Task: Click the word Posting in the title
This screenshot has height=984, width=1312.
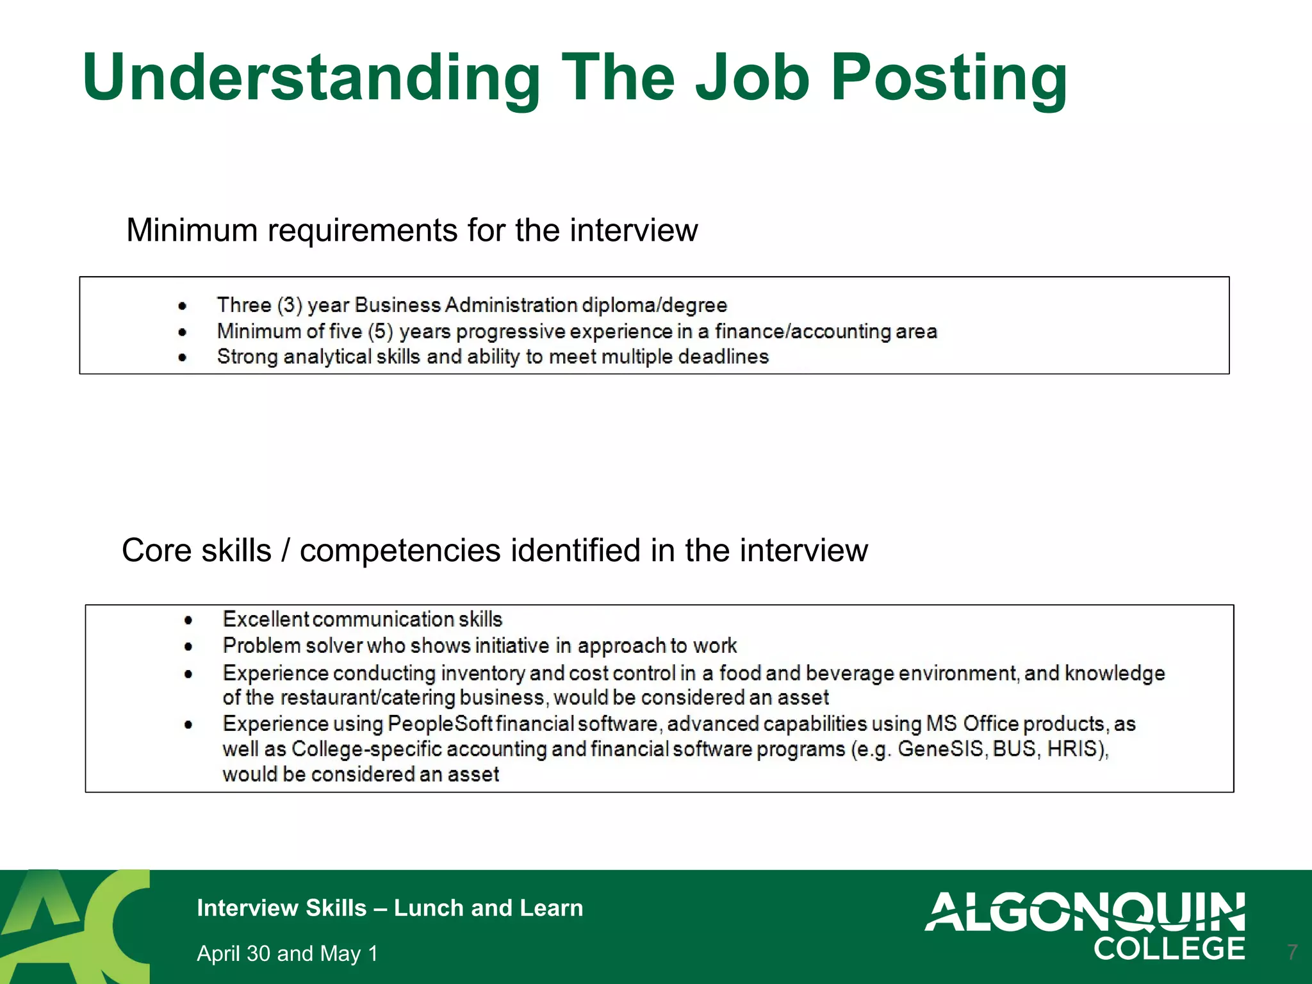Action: coord(948,78)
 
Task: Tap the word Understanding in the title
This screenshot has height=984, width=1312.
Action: coord(311,78)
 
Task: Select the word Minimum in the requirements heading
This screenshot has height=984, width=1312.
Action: coord(192,230)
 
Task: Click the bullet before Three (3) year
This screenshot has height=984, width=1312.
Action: coord(183,306)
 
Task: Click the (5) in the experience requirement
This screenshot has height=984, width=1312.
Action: coord(380,331)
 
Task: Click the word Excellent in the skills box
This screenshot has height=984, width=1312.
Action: coord(266,619)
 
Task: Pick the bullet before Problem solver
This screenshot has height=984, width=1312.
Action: coord(188,646)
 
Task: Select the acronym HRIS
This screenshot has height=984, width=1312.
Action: coord(1076,749)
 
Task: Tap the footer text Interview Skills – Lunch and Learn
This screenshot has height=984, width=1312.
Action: coord(389,908)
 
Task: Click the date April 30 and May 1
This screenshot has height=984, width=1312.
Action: coord(287,953)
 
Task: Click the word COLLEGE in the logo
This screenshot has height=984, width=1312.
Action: coord(1168,949)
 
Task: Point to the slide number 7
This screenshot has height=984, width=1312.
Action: coord(1292,951)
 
